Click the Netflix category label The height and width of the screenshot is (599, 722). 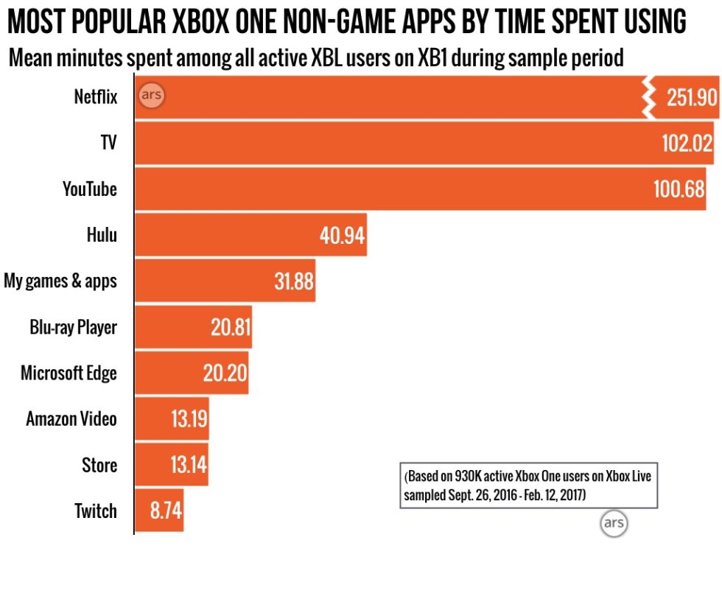[95, 97]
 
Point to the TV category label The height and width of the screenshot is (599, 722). [108, 142]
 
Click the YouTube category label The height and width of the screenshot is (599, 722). [89, 189]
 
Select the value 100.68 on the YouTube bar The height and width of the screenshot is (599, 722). [679, 189]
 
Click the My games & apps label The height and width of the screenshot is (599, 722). [60, 281]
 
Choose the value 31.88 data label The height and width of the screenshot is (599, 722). [293, 281]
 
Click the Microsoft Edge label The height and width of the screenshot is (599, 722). [69, 373]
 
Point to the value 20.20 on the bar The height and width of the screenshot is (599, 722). [225, 374]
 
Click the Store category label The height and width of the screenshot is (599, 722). [99, 465]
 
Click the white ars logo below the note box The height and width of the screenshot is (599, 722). [613, 524]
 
